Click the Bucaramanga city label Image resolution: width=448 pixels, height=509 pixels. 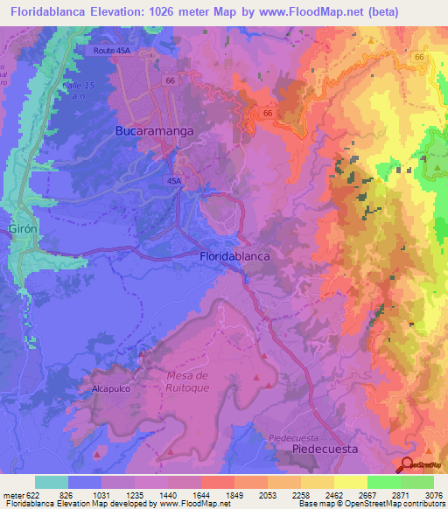(x=154, y=130)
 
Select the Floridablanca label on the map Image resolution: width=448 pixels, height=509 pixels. (x=234, y=256)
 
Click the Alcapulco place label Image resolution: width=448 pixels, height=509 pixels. (x=111, y=386)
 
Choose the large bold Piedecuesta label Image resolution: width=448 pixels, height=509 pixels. (x=325, y=448)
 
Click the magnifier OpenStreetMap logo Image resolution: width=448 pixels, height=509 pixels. (x=407, y=466)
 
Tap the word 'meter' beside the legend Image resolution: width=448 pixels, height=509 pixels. (x=10, y=494)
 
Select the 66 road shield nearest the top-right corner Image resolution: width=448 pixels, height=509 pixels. (x=420, y=57)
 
